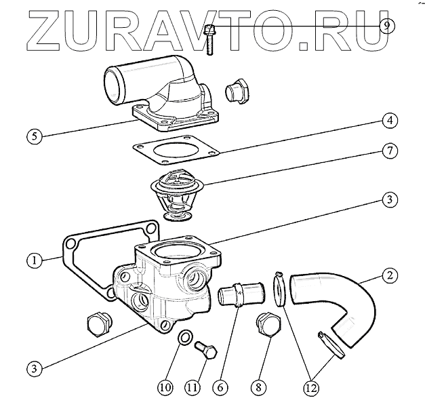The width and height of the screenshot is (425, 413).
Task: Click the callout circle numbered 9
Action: pos(386,26)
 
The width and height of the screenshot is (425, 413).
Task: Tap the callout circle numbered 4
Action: pos(388,122)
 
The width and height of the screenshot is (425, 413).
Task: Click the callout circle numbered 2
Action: pos(388,276)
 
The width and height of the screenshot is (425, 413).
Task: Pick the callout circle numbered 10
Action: pos(165,387)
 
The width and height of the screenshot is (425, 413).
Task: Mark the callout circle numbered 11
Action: pos(193,387)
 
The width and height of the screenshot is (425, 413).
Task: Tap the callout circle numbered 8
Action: pos(258,387)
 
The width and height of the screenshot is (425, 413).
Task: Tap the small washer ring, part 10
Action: pos(184,338)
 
